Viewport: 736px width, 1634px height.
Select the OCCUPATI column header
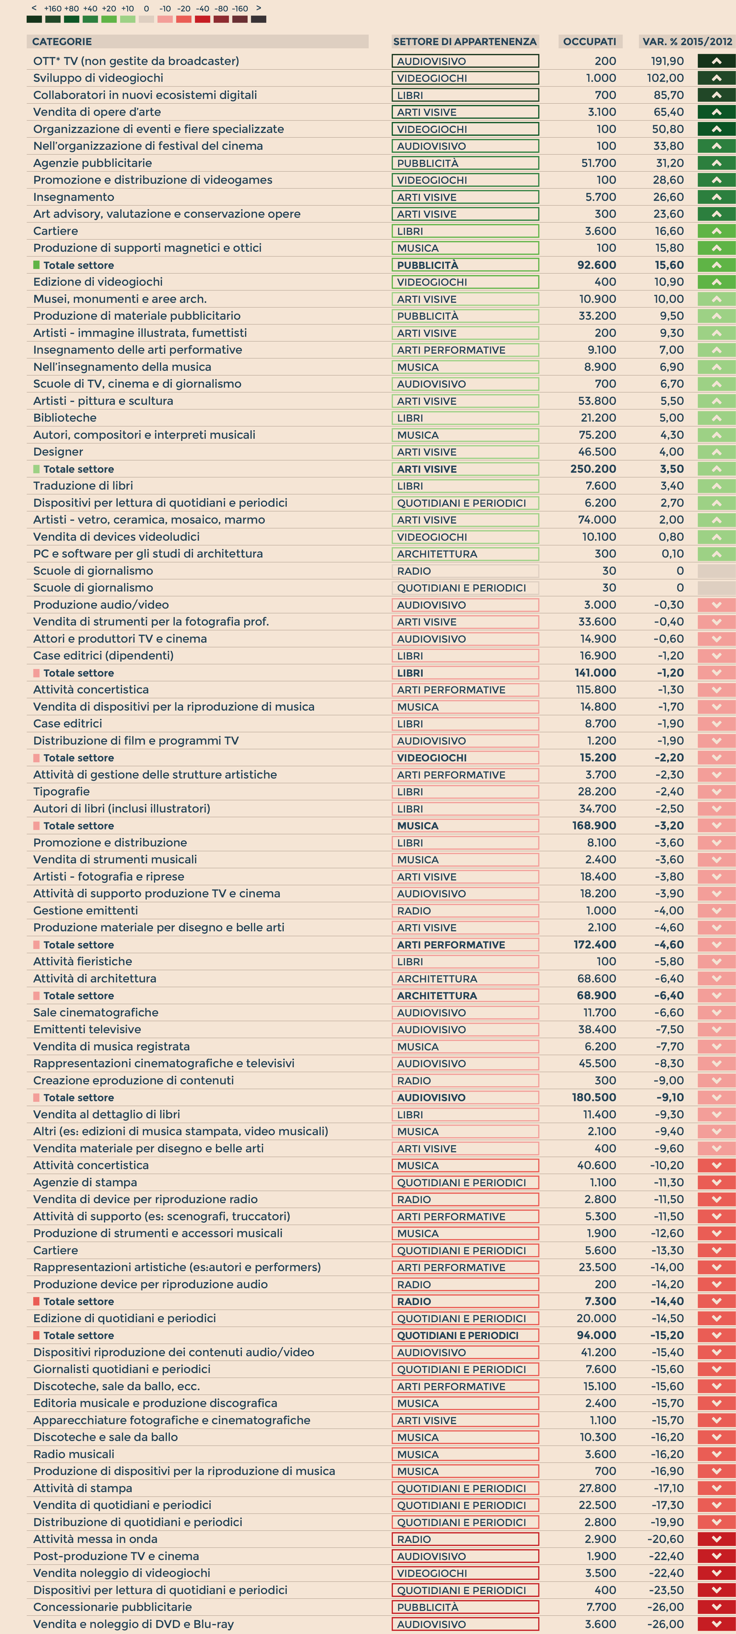[x=590, y=42]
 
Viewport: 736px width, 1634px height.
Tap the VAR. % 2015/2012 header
[x=687, y=42]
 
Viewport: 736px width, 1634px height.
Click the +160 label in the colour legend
[x=53, y=9]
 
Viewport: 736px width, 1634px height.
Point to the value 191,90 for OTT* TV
[x=668, y=61]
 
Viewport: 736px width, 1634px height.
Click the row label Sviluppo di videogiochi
[x=98, y=78]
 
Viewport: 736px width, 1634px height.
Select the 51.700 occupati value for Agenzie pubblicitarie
[x=598, y=163]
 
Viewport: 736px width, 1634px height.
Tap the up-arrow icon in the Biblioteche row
[x=716, y=418]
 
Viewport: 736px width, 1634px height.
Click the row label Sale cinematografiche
[x=96, y=1012]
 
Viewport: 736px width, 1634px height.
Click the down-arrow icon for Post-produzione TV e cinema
[x=716, y=1556]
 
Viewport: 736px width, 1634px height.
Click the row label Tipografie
[x=61, y=792]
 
